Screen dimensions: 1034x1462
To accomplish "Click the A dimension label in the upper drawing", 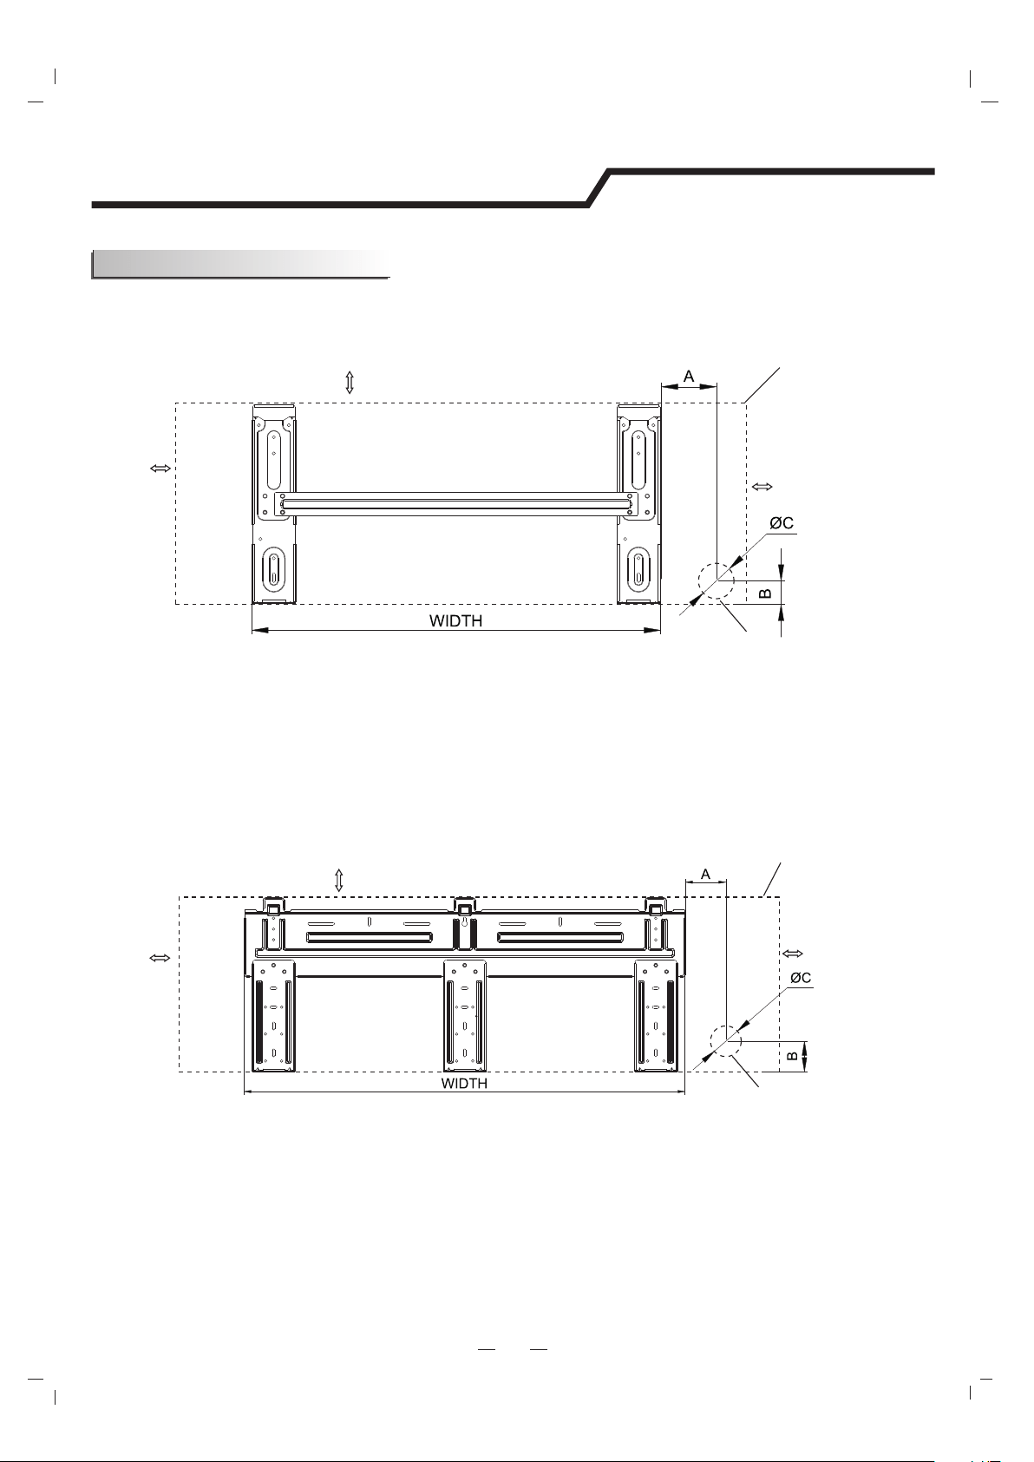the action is click(x=688, y=376).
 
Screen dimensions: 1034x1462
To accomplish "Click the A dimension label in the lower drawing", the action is click(x=705, y=874).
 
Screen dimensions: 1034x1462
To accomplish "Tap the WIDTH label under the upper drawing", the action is click(x=456, y=620).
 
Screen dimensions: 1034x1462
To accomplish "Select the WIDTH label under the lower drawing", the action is click(x=464, y=1084).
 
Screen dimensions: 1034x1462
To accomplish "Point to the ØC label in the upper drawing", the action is click(x=782, y=523).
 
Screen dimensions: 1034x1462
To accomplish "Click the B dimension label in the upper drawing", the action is click(x=767, y=593).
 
